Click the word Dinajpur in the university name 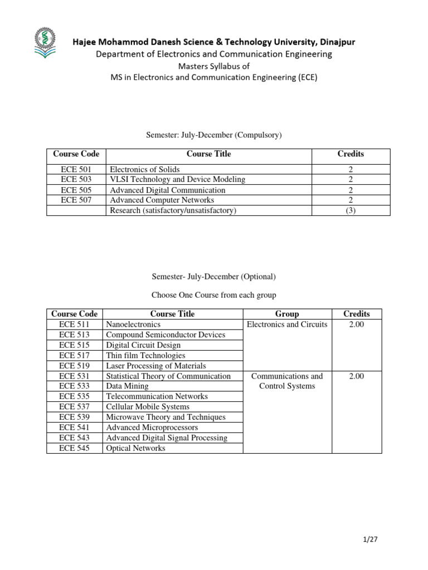click(335, 42)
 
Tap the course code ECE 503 click(76, 179)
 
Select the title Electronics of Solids click(145, 169)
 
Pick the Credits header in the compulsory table click(351, 154)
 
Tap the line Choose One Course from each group click(213, 294)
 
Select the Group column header click(287, 314)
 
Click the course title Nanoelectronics click(133, 324)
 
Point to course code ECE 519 click(74, 366)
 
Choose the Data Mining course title click(127, 386)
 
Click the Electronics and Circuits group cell click(287, 325)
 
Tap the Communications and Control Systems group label click(287, 381)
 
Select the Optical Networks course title click(135, 448)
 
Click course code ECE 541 click(74, 427)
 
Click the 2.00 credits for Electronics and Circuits click(357, 325)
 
